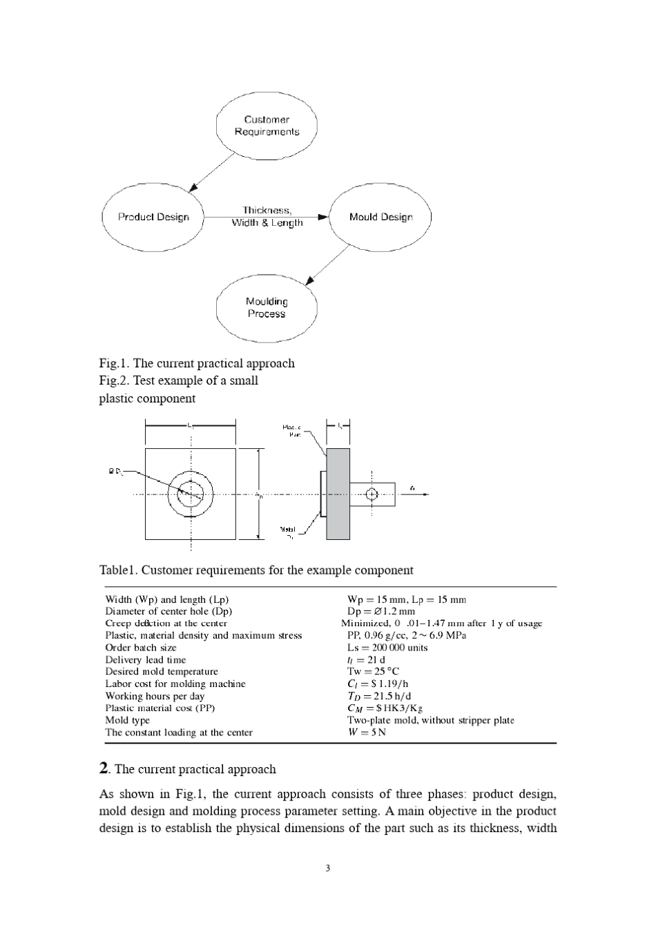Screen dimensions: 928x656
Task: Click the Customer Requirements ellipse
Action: [x=267, y=126]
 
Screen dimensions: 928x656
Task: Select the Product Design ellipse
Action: [x=153, y=217]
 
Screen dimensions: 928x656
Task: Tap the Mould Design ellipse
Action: [x=380, y=217]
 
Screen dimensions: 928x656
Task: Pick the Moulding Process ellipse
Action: [x=267, y=307]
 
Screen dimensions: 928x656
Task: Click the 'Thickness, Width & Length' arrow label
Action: [x=267, y=216]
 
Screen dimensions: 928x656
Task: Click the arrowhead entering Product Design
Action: [x=194, y=185]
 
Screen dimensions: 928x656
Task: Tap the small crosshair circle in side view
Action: [x=372, y=494]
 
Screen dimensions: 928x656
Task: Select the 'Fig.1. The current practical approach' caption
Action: [x=197, y=363]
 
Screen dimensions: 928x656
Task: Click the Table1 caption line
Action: [x=256, y=570]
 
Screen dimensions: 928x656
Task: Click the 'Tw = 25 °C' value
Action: [x=373, y=671]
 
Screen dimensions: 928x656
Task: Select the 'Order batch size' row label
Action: [x=140, y=648]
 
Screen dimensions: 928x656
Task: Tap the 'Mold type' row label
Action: [x=127, y=720]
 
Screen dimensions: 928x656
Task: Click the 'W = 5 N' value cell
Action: [x=366, y=733]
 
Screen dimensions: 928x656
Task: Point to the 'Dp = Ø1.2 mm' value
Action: [x=380, y=611]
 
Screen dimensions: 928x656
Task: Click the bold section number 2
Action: [x=104, y=768]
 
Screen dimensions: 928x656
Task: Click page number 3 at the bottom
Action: [x=328, y=869]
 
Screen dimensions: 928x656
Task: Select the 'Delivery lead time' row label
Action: [x=145, y=659]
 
